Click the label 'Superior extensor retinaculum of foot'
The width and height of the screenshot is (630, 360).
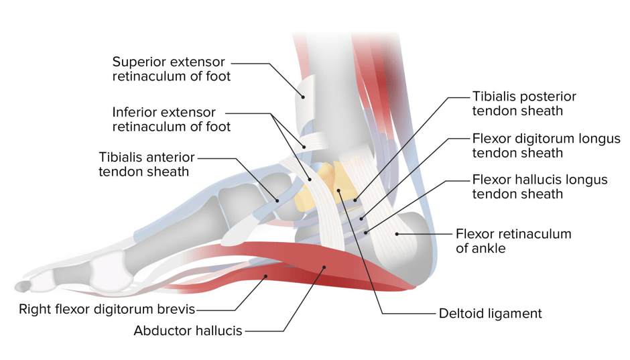point(172,68)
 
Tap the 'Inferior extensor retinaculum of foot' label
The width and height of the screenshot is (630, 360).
point(172,119)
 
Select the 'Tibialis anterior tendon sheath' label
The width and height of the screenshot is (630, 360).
point(147,164)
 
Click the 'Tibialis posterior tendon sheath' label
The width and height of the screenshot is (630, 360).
point(524,104)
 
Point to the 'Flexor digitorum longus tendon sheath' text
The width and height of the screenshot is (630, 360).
point(546,145)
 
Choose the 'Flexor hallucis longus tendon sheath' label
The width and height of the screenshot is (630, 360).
point(540,186)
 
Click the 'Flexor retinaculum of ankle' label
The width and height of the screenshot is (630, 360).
point(513,241)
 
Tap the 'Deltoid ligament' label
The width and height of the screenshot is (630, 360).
point(490,313)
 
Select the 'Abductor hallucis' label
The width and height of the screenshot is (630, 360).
point(188,331)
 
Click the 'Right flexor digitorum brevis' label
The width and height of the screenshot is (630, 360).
point(107,309)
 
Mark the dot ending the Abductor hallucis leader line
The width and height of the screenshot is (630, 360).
point(324,267)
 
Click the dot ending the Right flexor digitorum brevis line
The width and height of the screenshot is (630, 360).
point(265,276)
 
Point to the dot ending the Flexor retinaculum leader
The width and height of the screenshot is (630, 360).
point(397,234)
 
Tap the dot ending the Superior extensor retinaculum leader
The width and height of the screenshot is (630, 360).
point(304,97)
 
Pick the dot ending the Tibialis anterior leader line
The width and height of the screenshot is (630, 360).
point(277,200)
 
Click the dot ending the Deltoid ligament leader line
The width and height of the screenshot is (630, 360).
point(338,190)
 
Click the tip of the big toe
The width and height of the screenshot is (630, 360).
point(16,287)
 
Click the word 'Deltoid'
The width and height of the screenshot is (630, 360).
point(463,313)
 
